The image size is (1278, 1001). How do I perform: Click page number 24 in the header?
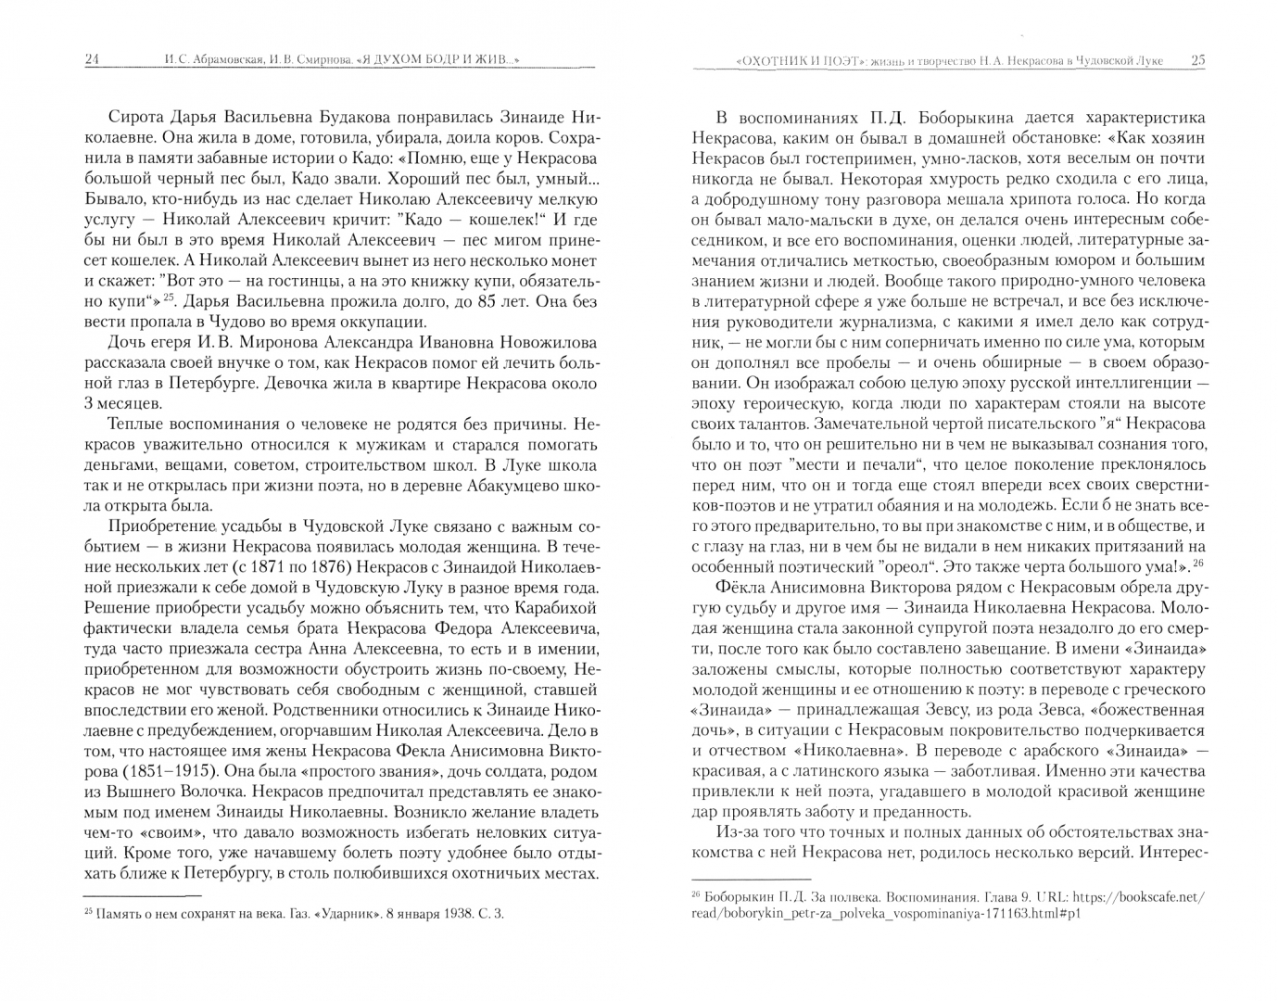click(x=92, y=60)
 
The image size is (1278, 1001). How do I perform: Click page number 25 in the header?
click(x=1197, y=60)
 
